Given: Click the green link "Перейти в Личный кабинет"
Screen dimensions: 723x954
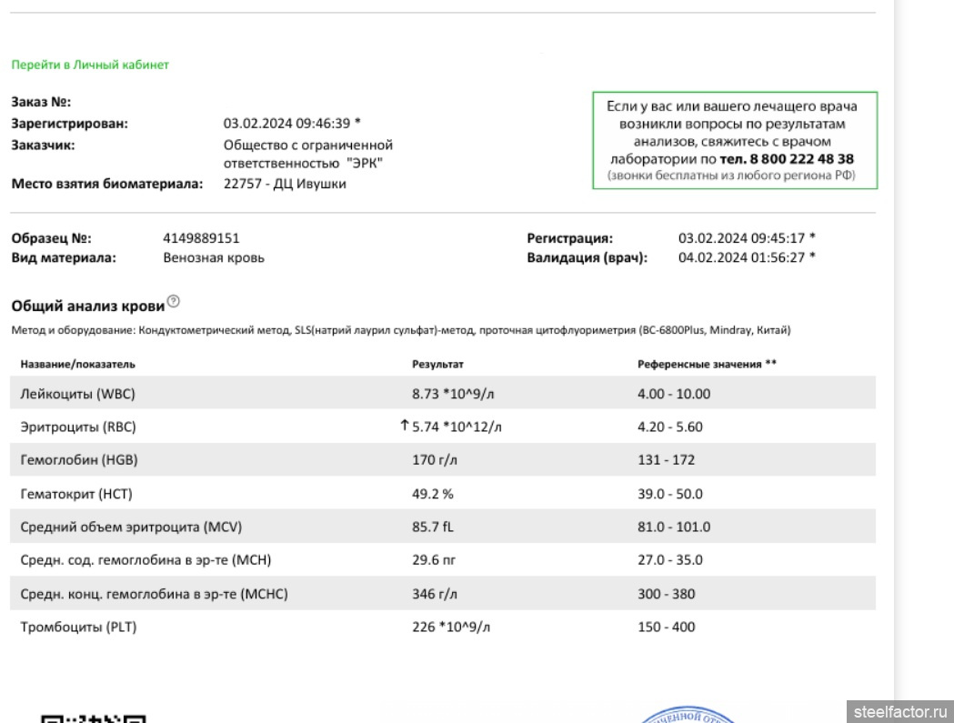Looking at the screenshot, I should point(90,65).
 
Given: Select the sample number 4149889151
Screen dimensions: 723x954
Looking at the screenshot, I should point(201,238).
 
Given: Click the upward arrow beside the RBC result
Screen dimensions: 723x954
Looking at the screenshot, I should point(405,426).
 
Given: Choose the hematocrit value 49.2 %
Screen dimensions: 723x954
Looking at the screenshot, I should point(433,494).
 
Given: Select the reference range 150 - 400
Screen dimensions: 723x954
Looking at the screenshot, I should point(666,627).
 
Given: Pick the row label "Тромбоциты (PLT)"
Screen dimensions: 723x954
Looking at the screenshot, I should point(79,627).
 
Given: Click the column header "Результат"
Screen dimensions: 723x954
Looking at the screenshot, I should point(437,364).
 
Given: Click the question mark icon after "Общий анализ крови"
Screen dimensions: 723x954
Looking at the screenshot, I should point(174,302).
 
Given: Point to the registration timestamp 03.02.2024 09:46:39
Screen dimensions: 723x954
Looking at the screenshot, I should point(286,123).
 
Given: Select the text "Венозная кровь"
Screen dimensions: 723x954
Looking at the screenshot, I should point(214,257).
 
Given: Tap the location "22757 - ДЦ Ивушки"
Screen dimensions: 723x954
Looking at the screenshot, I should point(285,184).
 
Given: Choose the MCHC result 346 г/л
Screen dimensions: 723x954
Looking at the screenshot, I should point(435,594).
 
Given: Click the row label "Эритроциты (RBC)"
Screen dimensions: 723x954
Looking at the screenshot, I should point(78,427).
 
